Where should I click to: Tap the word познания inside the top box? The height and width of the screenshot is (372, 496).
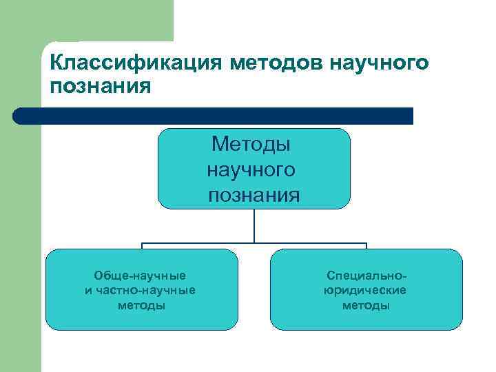pyautogui.click(x=254, y=195)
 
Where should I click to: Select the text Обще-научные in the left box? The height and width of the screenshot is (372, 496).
pyautogui.click(x=140, y=276)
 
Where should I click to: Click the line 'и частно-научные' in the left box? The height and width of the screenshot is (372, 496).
pyautogui.click(x=141, y=290)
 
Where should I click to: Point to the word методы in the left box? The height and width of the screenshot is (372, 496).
pyautogui.click(x=141, y=305)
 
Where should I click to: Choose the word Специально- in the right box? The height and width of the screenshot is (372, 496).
pyautogui.click(x=364, y=276)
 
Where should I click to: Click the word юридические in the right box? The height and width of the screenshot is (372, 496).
pyautogui.click(x=365, y=290)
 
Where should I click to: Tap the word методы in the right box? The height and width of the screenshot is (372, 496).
pyautogui.click(x=366, y=305)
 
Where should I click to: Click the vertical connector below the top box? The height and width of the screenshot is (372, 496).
pyautogui.click(x=254, y=225)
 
